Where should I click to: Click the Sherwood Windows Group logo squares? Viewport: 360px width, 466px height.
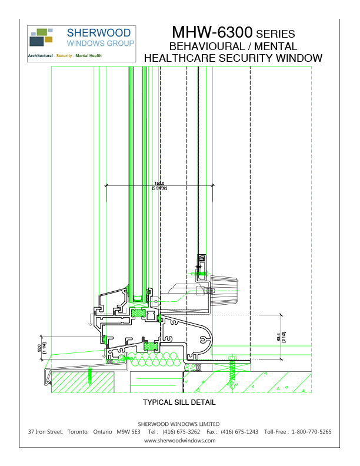pos(42,37)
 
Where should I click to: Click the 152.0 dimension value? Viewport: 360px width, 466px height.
pos(159,184)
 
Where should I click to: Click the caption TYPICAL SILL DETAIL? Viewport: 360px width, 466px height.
pos(179,403)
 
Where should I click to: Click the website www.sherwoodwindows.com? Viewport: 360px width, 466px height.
pos(179,440)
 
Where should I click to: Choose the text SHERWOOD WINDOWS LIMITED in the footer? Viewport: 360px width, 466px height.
pos(179,424)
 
